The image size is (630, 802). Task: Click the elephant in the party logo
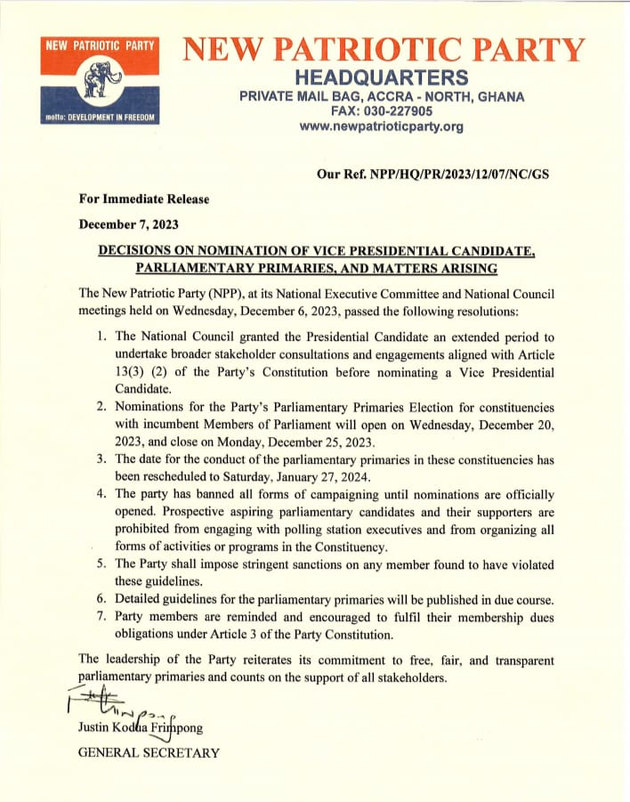(99, 82)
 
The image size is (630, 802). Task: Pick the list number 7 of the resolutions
(102, 616)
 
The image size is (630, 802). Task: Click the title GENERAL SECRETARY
(149, 753)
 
